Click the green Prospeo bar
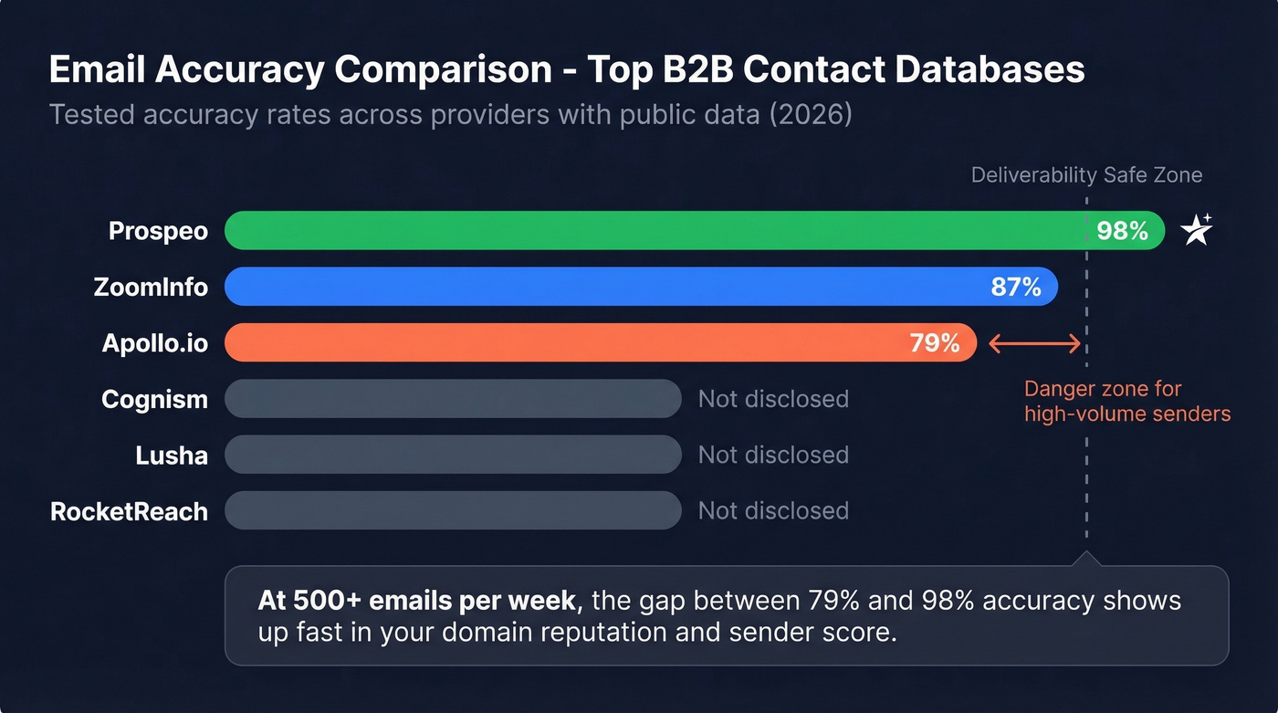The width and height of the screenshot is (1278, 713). [639, 231]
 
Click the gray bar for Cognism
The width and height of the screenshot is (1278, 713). [453, 399]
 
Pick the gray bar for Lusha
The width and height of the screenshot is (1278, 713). [453, 455]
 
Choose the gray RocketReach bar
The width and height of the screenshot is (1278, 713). [453, 510]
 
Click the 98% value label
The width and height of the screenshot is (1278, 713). [1122, 231]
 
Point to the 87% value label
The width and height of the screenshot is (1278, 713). [1016, 288]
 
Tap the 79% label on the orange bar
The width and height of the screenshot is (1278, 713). [935, 343]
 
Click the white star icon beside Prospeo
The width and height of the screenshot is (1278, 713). [1197, 230]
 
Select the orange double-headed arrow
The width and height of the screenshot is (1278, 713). [1035, 344]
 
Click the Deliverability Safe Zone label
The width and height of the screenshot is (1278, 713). [1086, 175]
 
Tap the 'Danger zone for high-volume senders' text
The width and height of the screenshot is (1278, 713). [1126, 402]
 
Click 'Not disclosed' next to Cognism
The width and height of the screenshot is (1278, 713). [773, 399]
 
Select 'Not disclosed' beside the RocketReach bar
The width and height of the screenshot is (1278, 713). [773, 510]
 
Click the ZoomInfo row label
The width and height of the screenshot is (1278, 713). [151, 288]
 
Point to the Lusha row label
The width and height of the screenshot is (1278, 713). [172, 455]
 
